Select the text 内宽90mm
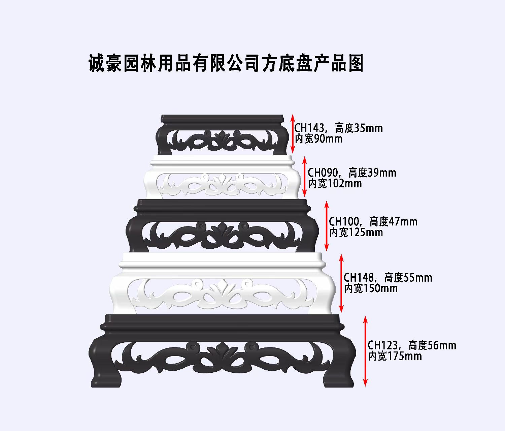[x=318, y=139]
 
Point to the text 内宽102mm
[x=335, y=184]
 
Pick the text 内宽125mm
[x=356, y=233]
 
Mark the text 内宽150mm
[x=371, y=288]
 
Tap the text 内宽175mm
[x=395, y=356]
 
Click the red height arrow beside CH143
[x=293, y=134]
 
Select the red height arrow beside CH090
[x=305, y=176]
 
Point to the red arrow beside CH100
[x=326, y=226]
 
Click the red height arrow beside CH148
[x=341, y=283]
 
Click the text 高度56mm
[x=432, y=345]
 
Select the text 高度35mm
[x=359, y=128]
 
